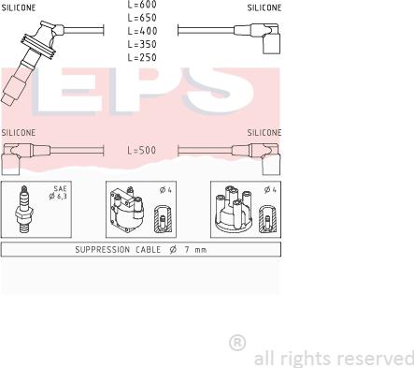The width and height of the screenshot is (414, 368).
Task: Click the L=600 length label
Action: click(142, 4)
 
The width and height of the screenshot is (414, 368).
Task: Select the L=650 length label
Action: click(142, 18)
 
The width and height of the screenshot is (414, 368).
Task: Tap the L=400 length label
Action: click(142, 31)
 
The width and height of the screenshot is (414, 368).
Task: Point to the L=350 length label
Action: click(142, 44)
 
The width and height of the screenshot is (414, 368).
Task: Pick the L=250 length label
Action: click(142, 57)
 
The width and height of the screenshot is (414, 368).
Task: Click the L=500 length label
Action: click(142, 150)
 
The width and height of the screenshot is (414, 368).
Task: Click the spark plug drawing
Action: click(24, 210)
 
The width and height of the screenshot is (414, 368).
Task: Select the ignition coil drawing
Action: click(127, 210)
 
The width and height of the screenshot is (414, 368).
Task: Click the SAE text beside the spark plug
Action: click(60, 188)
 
